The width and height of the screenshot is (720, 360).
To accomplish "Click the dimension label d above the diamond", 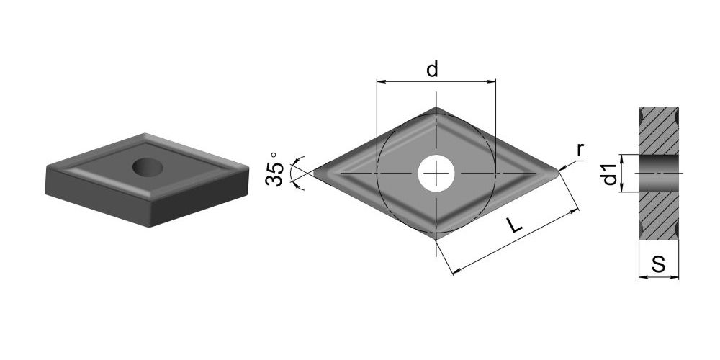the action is (x=432, y=69).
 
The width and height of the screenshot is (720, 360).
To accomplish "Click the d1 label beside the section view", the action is (x=611, y=174).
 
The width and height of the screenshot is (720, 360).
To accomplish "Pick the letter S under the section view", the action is (x=659, y=264).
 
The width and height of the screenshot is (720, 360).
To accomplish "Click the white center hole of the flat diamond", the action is (x=436, y=173).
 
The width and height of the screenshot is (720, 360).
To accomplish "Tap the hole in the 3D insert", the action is (x=148, y=167).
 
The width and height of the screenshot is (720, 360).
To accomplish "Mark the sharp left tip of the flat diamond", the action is (x=314, y=173).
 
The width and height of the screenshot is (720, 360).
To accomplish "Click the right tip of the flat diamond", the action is (x=559, y=173).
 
